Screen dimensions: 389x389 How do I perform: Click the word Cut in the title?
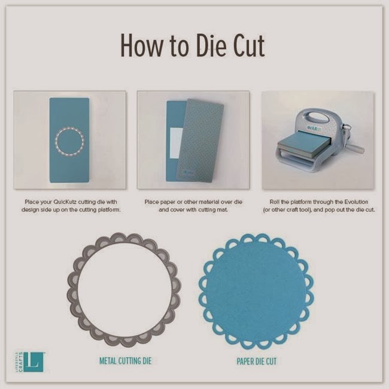(x=250, y=45)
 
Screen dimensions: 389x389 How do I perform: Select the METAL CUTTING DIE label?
(x=125, y=360)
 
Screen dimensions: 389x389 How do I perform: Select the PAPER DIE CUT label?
(x=257, y=361)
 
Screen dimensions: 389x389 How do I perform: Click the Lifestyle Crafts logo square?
(x=34, y=362)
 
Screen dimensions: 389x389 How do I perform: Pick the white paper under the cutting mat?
(x=177, y=144)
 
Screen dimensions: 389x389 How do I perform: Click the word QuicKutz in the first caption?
(x=65, y=202)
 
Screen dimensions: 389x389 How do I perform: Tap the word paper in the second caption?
(x=167, y=202)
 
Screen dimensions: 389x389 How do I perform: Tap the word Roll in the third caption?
(x=274, y=202)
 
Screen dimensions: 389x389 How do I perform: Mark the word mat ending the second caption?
(x=223, y=210)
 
